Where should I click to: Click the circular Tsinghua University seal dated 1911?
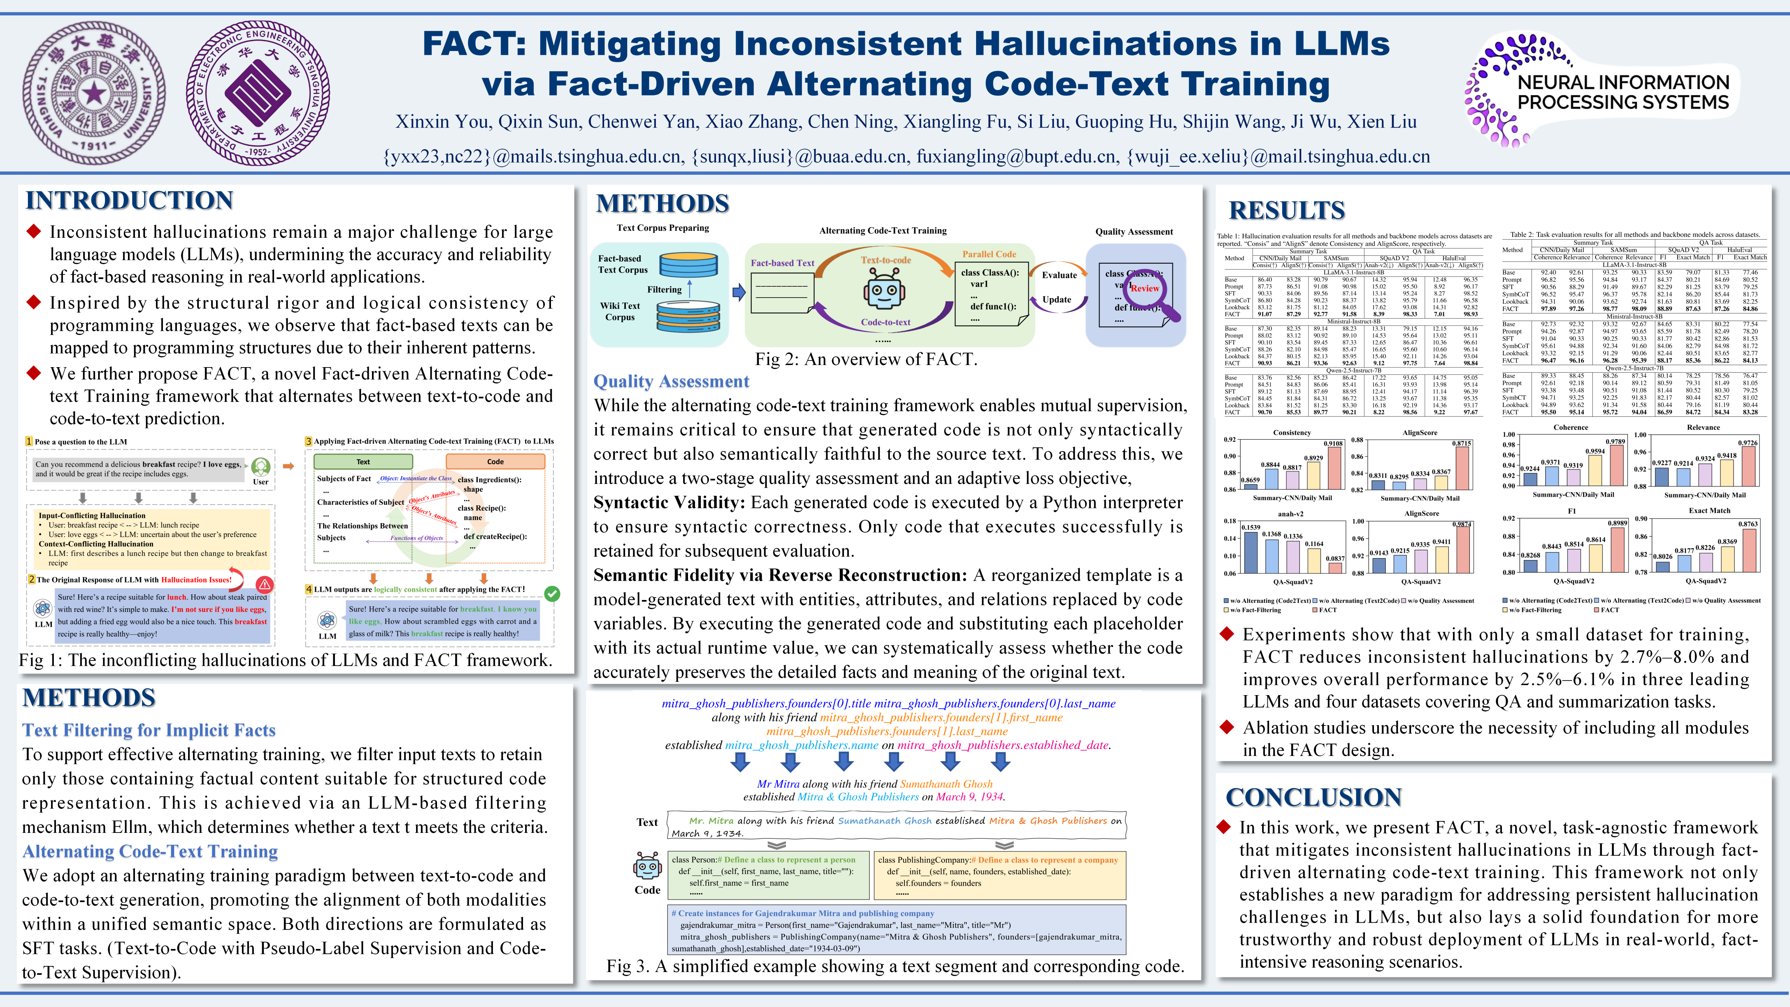[x=94, y=92]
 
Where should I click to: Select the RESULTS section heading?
[x=1286, y=210]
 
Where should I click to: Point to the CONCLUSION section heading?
[x=1313, y=797]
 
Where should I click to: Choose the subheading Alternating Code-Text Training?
[x=150, y=851]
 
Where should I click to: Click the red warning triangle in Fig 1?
[x=265, y=584]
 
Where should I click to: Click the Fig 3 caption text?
[x=895, y=966]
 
